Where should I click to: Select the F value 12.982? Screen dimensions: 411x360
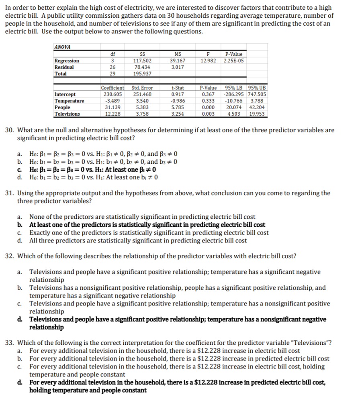click(208, 61)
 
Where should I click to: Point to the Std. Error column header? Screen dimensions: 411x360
click(142, 88)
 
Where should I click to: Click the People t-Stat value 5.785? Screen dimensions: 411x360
click(178, 107)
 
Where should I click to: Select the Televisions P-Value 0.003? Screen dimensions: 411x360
click(208, 114)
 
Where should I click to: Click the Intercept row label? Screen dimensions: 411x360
click(65, 94)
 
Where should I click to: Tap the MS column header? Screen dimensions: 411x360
click(178, 54)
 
